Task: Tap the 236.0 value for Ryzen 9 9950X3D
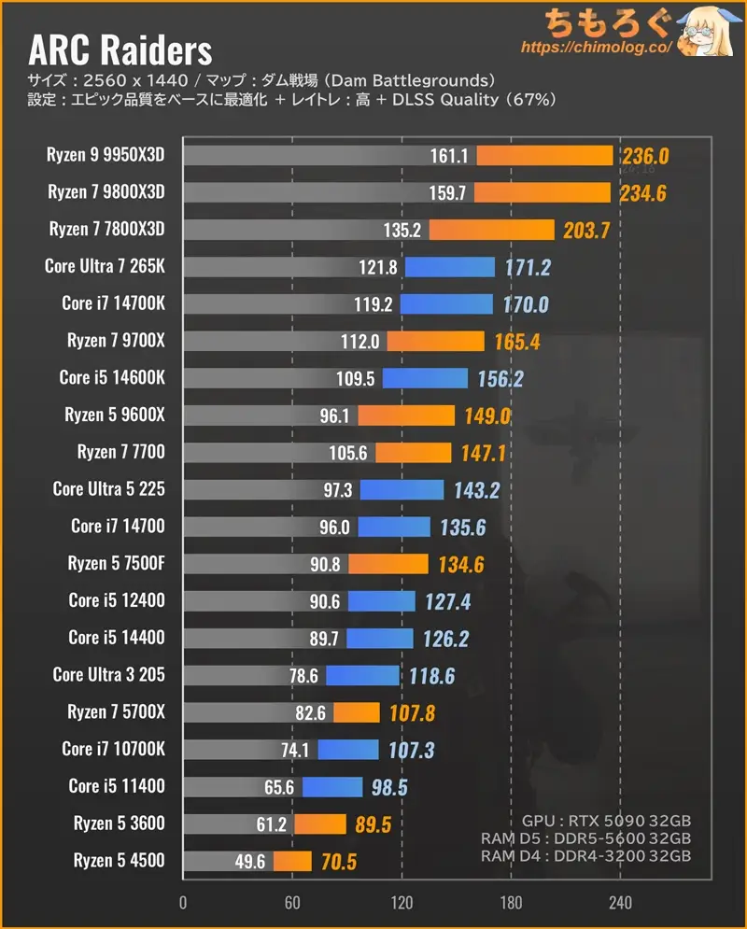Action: click(x=644, y=155)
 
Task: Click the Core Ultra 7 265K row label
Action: click(x=105, y=266)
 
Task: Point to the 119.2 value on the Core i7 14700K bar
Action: click(x=373, y=303)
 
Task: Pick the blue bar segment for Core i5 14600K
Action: click(x=425, y=378)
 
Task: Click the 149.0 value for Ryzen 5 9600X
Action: click(x=487, y=415)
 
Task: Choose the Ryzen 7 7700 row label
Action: click(x=120, y=452)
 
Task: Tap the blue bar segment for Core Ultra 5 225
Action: click(x=402, y=489)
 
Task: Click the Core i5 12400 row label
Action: click(x=116, y=600)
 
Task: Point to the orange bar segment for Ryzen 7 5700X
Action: click(x=356, y=712)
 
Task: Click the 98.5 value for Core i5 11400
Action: click(x=389, y=786)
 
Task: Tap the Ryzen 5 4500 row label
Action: click(x=119, y=860)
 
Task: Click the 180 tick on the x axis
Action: click(x=511, y=903)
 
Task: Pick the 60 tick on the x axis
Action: click(x=292, y=903)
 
